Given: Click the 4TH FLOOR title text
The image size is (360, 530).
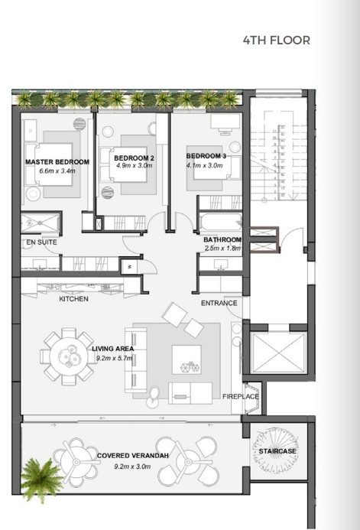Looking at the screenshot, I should [x=276, y=40].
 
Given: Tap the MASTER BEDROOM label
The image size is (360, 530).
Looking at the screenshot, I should [x=57, y=162].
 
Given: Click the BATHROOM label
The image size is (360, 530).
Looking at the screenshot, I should [x=222, y=239].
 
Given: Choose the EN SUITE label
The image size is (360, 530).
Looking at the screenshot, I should [x=41, y=242].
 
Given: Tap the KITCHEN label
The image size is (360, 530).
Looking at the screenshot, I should [x=74, y=299].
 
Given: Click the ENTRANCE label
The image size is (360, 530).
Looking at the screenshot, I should [x=219, y=304].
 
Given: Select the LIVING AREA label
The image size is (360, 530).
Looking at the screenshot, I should [x=112, y=349].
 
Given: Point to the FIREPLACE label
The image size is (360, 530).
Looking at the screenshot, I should [x=240, y=397].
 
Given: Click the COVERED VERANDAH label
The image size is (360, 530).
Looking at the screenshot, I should [x=134, y=457].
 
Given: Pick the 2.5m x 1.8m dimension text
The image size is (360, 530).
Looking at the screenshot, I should [x=222, y=248].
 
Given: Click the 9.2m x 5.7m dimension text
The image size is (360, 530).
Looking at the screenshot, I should [x=113, y=358].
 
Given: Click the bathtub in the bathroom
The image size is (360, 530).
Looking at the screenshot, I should [x=219, y=223].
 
